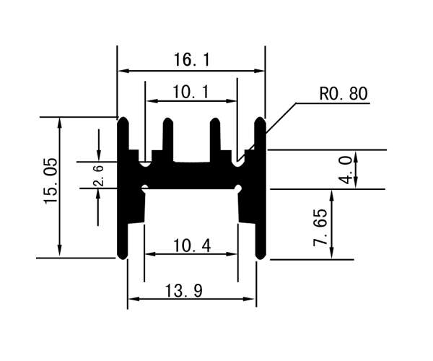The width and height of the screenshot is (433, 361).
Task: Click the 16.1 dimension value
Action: tap(192, 60)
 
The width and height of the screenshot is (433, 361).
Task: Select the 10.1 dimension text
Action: tap(191, 92)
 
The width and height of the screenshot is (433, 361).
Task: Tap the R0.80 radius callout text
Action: tap(344, 94)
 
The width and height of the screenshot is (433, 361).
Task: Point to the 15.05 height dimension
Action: tap(51, 180)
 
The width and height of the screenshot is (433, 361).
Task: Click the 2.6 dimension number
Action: tap(99, 176)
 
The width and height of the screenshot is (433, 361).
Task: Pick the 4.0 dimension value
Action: tap(346, 170)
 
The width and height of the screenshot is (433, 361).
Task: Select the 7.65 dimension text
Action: tap(320, 227)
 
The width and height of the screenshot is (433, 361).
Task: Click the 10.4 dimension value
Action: tap(192, 245)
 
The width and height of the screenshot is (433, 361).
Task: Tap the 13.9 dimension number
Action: tap(183, 290)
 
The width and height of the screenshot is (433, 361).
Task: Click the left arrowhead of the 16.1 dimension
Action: tap(123, 71)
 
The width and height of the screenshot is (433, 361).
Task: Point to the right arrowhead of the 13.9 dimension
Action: tap(248, 299)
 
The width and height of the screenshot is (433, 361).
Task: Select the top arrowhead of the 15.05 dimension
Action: tap(59, 123)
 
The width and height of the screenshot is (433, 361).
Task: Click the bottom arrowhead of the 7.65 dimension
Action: tap(332, 253)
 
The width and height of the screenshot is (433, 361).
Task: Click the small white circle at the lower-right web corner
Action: tap(238, 188)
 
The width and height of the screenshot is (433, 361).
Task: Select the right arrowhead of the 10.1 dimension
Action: tap(232, 101)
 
